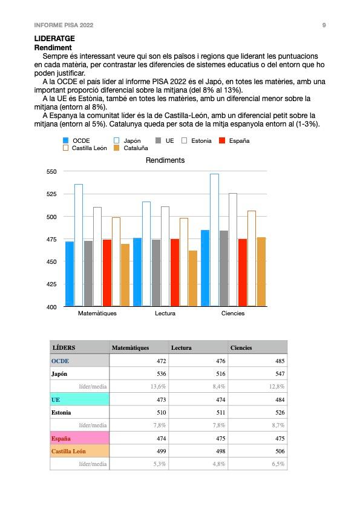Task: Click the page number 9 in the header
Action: [324, 25]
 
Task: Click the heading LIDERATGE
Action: [54, 39]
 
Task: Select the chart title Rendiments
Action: [165, 160]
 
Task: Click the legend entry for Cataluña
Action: [131, 148]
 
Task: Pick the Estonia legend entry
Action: [197, 140]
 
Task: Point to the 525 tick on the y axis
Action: [51, 194]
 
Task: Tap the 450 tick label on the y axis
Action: [51, 261]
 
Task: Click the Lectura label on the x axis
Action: [165, 314]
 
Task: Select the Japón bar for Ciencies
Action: [214, 240]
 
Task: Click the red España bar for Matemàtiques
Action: [107, 273]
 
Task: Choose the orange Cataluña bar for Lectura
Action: [193, 278]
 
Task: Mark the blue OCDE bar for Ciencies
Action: [205, 268]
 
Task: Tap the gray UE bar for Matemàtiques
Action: [88, 274]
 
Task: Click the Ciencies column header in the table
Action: [241, 347]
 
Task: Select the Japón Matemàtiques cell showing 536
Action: [162, 373]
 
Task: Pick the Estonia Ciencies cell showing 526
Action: [280, 412]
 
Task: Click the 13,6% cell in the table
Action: [158, 386]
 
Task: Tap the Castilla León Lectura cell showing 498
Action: [221, 451]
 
